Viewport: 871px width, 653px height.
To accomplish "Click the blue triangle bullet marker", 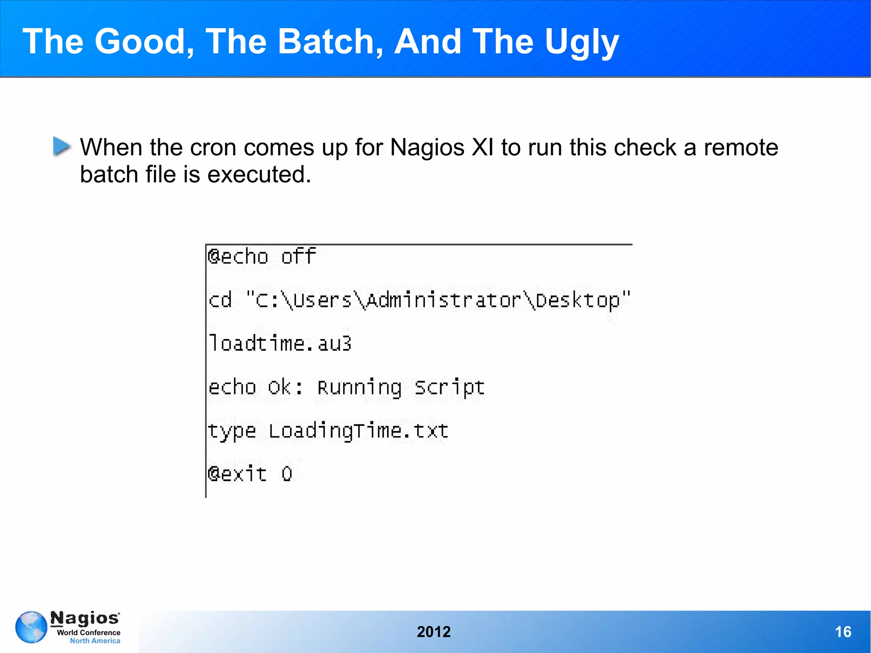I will tap(62, 146).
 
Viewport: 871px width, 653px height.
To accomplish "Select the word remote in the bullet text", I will tap(741, 148).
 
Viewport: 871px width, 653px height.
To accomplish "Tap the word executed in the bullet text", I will tap(259, 174).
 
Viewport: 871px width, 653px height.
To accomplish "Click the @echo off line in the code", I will tap(262, 257).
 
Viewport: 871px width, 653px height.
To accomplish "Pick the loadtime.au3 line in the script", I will tap(280, 343).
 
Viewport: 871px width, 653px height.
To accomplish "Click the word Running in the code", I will tap(359, 388).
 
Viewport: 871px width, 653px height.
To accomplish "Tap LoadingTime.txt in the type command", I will tap(358, 431).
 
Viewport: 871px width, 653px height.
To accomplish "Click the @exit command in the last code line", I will tap(237, 474).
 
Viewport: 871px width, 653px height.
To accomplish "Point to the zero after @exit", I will tap(287, 474).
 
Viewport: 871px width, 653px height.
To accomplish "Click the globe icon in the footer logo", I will tap(31, 627).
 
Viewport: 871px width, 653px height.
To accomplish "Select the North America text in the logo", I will tap(95, 641).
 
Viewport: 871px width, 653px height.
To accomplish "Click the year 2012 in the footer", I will tap(433, 632).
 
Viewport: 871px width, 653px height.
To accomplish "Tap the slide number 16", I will tap(843, 632).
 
